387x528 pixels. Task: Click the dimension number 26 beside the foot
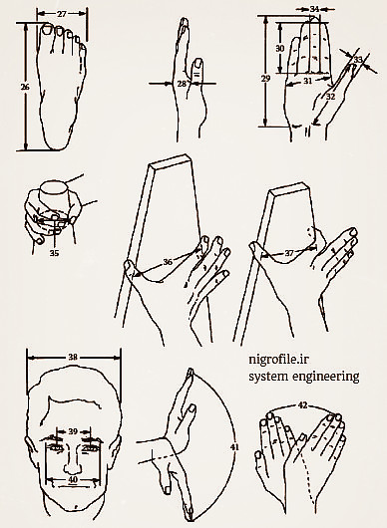(x=25, y=87)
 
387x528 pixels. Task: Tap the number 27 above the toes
(x=62, y=14)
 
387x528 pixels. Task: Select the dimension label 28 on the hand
(x=182, y=83)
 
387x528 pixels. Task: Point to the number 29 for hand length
(x=266, y=79)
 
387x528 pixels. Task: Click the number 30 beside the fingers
(x=280, y=49)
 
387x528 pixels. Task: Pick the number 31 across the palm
(x=308, y=81)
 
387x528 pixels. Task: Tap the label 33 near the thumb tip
(x=358, y=60)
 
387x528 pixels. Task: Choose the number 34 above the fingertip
(x=314, y=9)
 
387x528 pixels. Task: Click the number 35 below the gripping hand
(x=54, y=253)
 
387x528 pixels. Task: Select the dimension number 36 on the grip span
(x=168, y=262)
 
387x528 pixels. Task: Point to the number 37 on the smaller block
(x=289, y=253)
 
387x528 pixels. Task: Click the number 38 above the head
(x=73, y=357)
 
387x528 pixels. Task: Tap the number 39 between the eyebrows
(x=73, y=431)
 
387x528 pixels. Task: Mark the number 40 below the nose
(x=73, y=479)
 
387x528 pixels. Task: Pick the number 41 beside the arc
(x=234, y=447)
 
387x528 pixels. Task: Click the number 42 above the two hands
(x=303, y=405)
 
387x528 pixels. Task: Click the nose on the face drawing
(x=73, y=459)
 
